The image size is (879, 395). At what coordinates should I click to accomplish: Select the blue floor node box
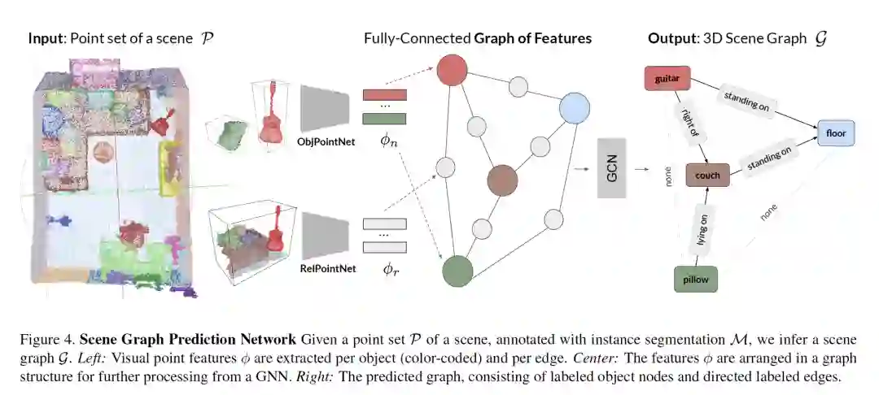836,132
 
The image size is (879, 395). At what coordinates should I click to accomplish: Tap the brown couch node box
707,175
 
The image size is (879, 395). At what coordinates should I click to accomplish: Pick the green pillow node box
696,279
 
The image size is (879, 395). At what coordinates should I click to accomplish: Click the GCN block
611,168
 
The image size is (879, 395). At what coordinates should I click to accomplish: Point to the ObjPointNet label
323,141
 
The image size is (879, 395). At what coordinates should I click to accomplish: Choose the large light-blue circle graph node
574,108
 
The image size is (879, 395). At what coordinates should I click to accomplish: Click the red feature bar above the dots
383,96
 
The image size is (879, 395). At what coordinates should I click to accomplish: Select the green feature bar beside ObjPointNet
383,119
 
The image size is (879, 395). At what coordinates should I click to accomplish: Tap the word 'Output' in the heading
671,38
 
